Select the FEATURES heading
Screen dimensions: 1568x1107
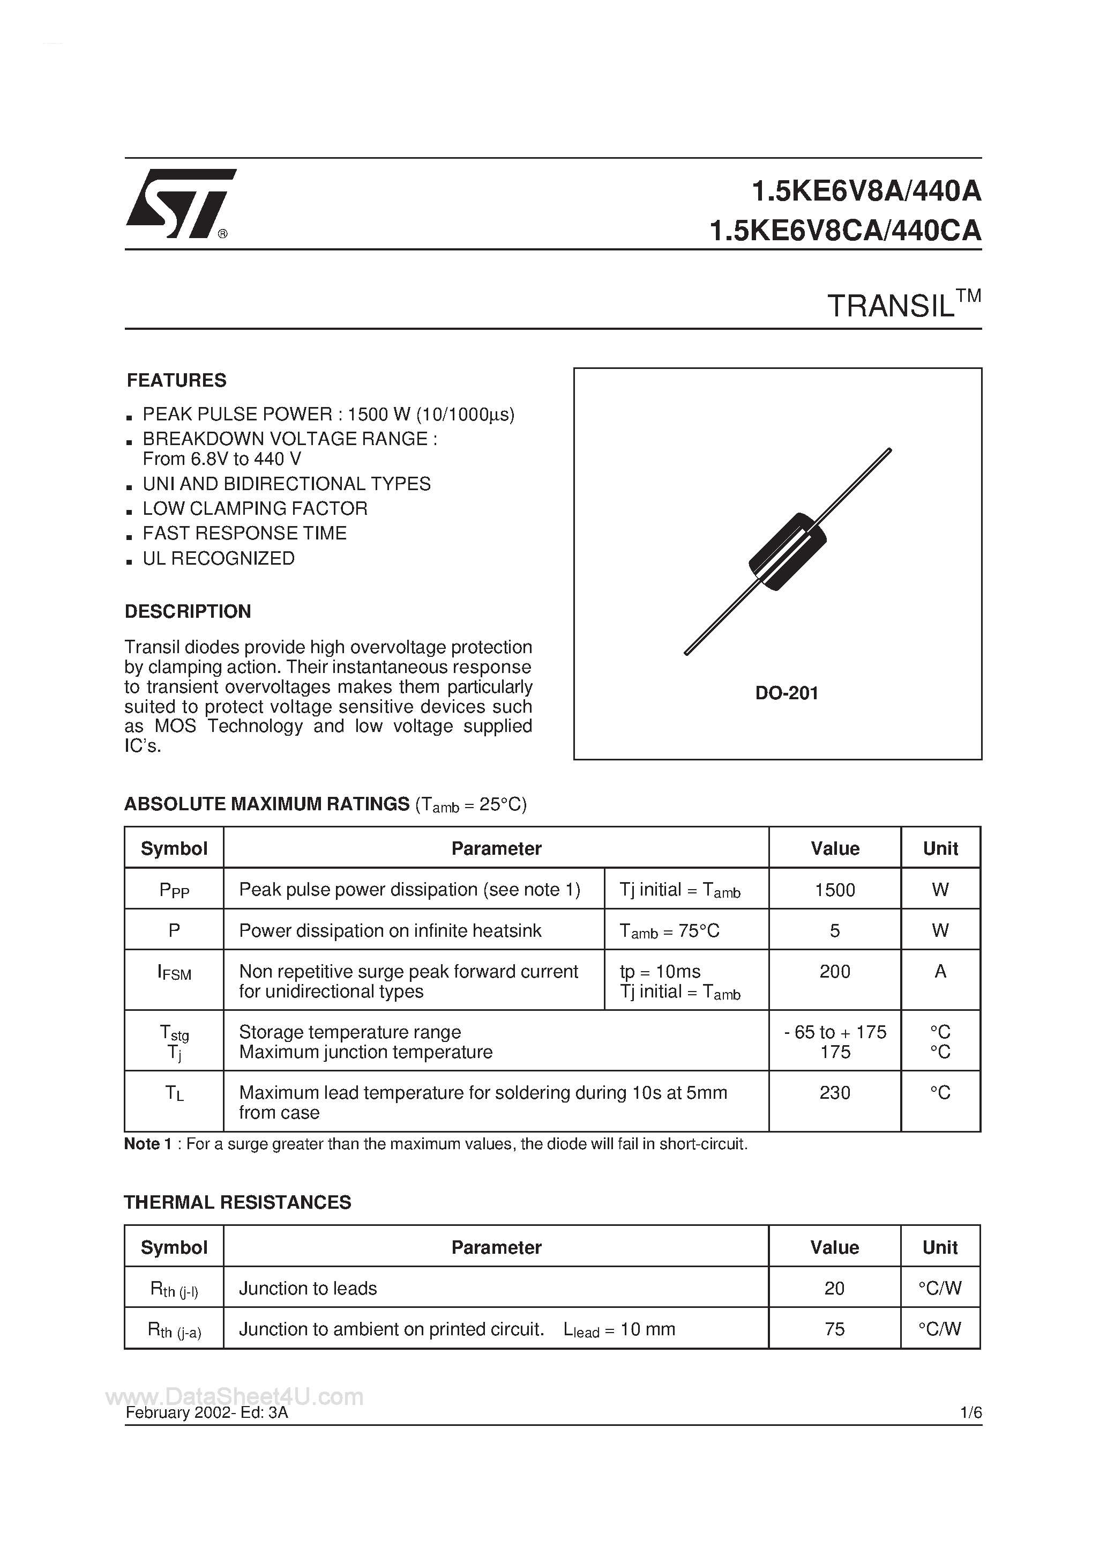(176, 380)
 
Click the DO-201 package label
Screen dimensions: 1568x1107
(786, 693)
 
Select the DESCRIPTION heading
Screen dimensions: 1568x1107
(188, 611)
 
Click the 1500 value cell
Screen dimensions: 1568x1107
(834, 890)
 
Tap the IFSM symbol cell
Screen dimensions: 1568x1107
(174, 973)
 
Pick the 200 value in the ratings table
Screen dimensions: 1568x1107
(834, 972)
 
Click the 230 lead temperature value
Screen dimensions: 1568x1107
(834, 1093)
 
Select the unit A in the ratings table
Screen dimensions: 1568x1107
(940, 972)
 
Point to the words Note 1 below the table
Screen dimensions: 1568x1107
(147, 1144)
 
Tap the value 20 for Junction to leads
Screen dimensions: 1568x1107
(834, 1288)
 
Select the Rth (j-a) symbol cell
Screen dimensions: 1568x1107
(174, 1330)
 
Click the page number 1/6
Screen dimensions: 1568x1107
(970, 1413)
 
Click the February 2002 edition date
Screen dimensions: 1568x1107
(206, 1413)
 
